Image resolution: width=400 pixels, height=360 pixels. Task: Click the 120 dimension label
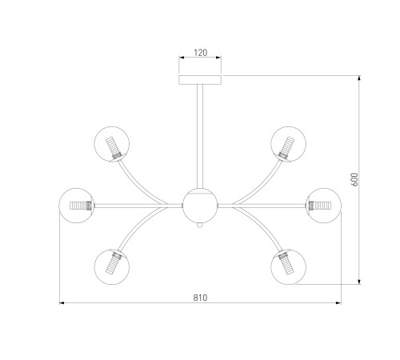coord(200,53)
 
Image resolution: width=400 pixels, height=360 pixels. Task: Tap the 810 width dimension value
coord(200,298)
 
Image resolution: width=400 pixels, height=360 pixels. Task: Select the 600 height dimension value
coord(354,179)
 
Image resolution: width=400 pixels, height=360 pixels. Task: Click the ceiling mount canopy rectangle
coord(200,80)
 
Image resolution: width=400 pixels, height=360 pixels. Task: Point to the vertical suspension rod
coord(200,136)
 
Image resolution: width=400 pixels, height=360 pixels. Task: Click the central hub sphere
coord(200,206)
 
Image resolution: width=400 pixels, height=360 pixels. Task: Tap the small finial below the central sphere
coord(199,226)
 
